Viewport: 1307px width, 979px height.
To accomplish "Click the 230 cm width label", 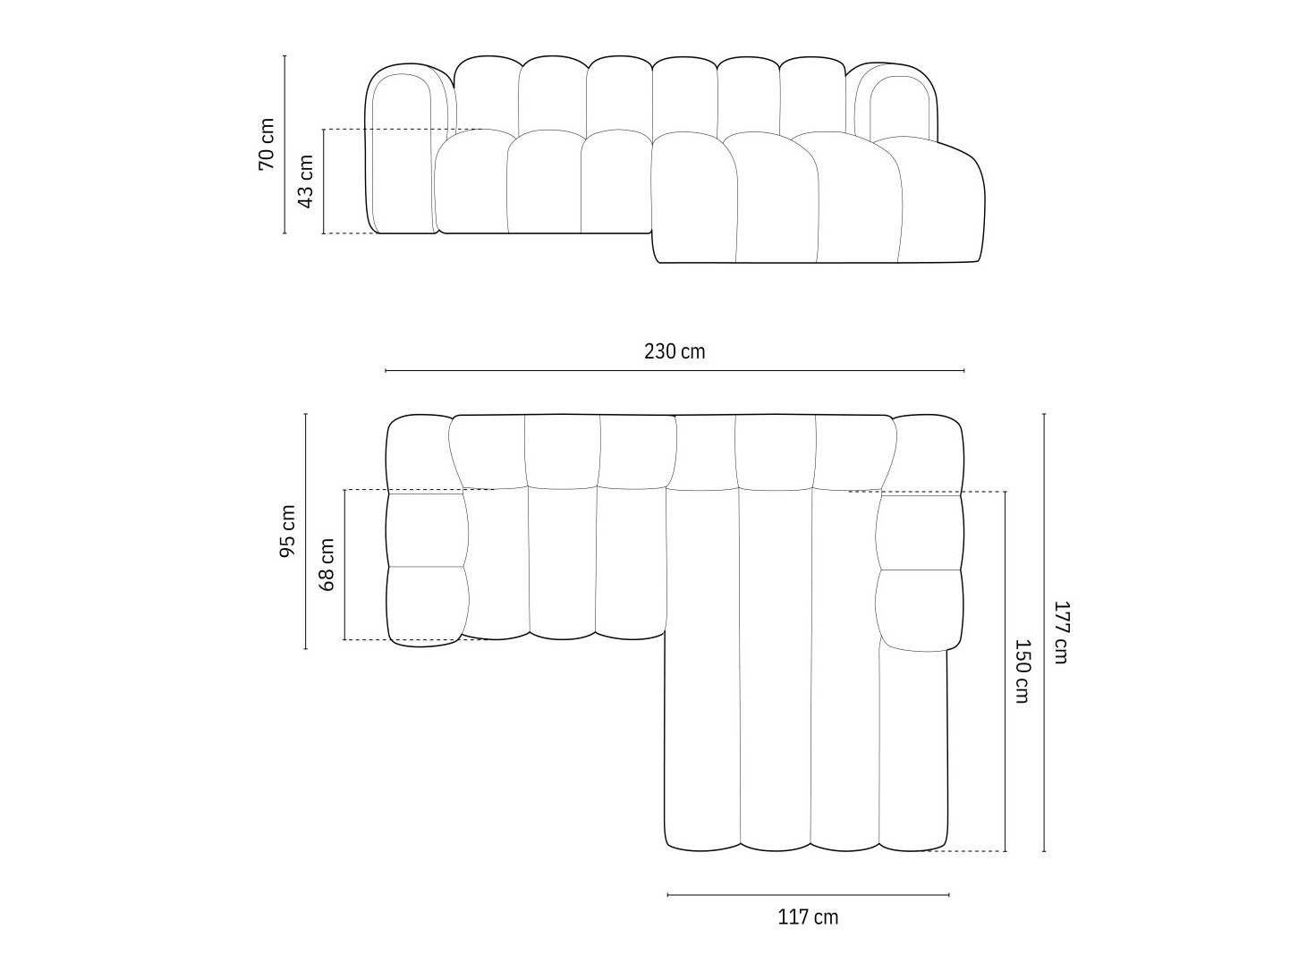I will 675,351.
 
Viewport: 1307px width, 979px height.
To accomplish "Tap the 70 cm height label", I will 267,144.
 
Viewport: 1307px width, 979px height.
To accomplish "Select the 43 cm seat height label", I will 305,181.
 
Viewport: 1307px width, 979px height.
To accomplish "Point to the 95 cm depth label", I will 287,531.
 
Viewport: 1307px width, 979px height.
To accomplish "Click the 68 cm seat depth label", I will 327,564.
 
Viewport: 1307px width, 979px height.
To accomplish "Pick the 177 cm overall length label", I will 1060,631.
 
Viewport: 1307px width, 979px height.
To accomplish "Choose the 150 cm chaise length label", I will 1022,671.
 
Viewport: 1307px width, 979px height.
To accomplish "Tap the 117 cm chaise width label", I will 808,916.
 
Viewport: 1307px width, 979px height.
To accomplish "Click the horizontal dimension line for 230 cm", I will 675,370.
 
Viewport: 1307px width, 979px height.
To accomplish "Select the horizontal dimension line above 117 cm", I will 808,894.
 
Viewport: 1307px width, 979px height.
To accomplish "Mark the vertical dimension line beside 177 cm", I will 1044,632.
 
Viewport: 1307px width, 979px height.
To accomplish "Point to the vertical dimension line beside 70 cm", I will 284,144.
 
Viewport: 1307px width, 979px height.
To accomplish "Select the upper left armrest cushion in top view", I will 426,528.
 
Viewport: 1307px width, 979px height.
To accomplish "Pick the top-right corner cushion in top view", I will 929,452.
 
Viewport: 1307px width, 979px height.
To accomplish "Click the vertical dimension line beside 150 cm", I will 1006,671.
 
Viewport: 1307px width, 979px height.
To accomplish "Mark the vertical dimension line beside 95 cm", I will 305,531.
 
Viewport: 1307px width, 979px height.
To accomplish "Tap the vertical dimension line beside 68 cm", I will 344,564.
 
